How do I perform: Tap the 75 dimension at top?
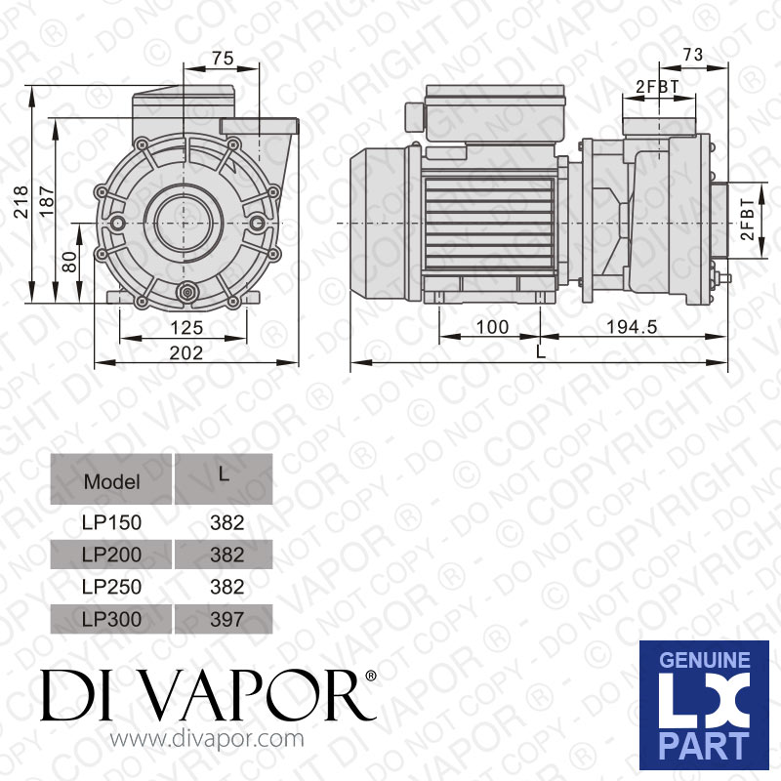(x=222, y=59)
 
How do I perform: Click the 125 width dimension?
(x=185, y=328)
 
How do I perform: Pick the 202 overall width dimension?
(x=185, y=352)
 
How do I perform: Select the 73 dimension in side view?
(x=692, y=56)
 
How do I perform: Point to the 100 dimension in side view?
(x=490, y=327)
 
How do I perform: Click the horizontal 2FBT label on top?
(x=657, y=87)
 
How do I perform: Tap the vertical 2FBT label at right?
(x=747, y=222)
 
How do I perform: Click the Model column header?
(x=111, y=480)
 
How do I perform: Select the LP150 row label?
(x=111, y=522)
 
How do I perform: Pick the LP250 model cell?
(x=111, y=587)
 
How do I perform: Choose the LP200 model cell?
(x=111, y=555)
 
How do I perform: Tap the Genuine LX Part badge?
(x=703, y=705)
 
